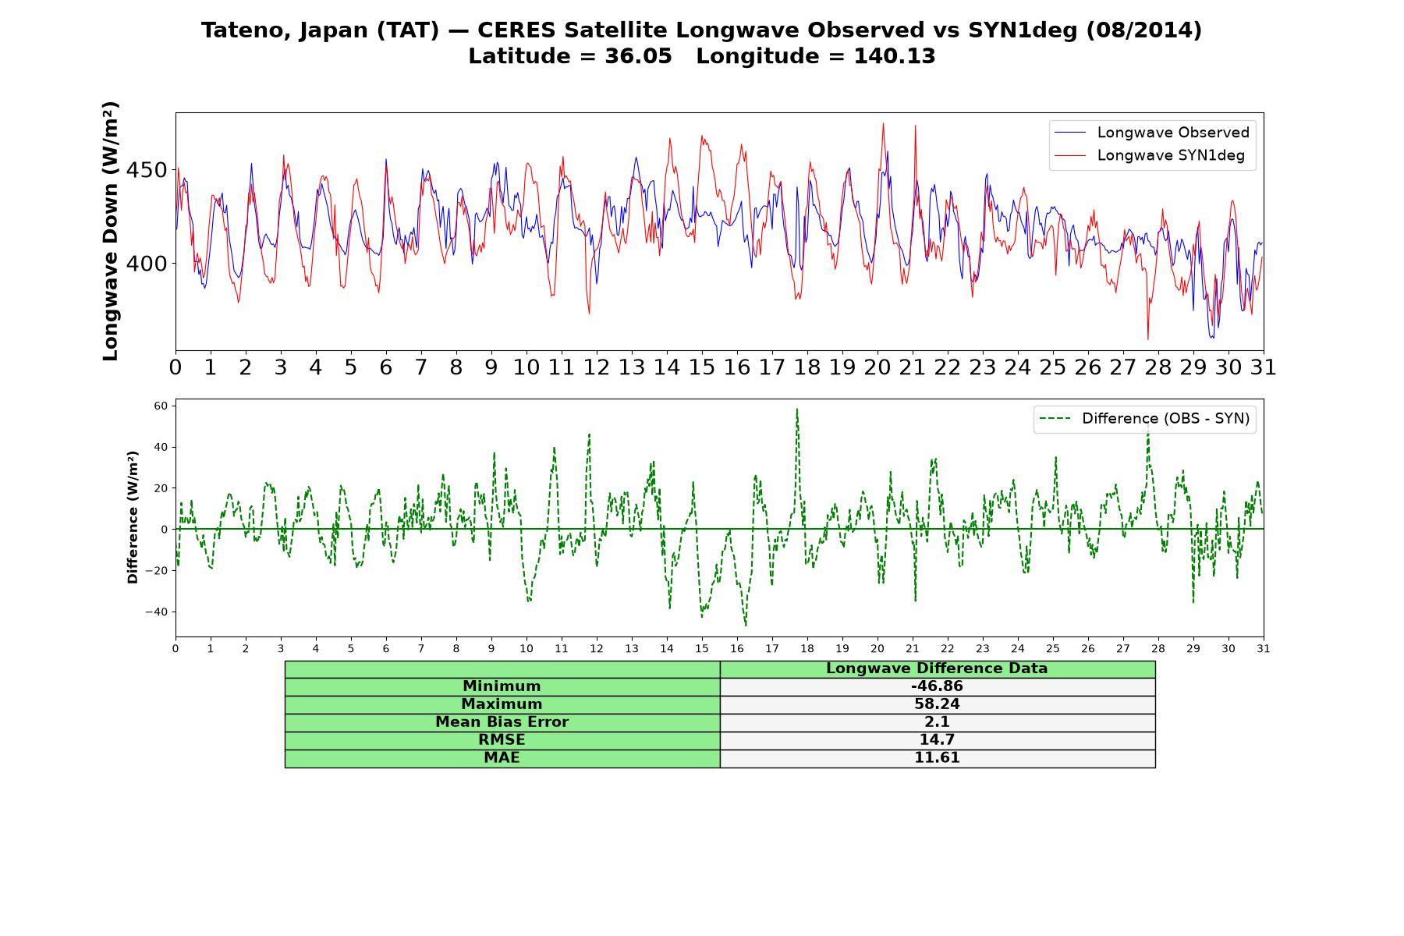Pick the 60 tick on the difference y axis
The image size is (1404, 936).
161,406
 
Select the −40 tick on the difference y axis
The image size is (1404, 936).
156,612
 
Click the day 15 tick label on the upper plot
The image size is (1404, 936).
702,367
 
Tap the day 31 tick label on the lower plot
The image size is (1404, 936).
1264,648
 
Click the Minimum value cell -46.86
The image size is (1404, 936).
937,686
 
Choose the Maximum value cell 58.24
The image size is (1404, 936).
937,704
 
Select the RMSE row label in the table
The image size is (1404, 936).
502,740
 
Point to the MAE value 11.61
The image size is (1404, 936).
937,758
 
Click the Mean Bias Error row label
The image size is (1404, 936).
502,722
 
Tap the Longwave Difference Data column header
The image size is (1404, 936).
937,668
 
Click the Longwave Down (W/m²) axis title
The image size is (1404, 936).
111,231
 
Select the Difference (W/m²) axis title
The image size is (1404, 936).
133,517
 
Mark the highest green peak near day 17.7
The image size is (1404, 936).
796,409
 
